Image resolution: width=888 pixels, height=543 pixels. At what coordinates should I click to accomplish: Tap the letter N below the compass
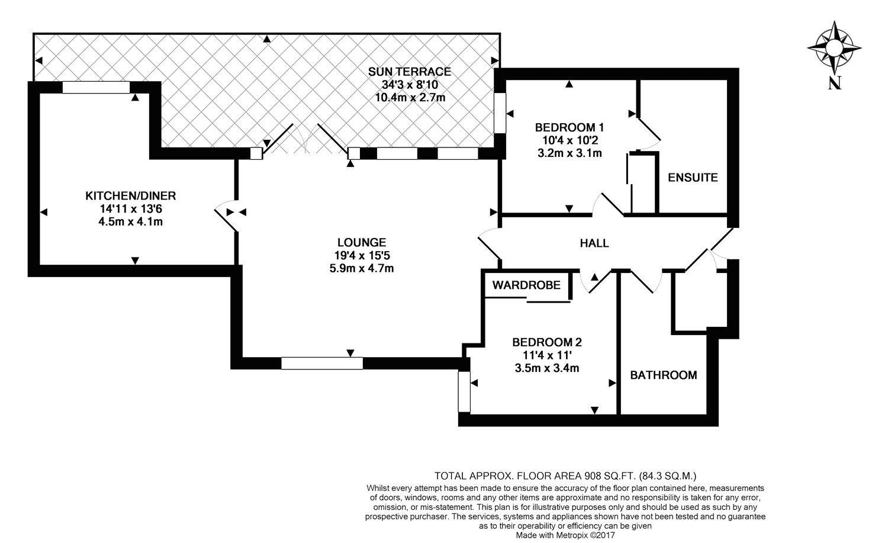pyautogui.click(x=835, y=84)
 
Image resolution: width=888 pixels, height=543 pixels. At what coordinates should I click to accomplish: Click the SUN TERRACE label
pyautogui.click(x=410, y=72)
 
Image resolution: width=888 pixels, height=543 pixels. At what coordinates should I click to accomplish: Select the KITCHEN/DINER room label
pyautogui.click(x=131, y=195)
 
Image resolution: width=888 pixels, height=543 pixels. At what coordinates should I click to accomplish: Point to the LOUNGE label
pyautogui.click(x=361, y=242)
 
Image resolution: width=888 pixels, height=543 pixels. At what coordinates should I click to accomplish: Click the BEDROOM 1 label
pyautogui.click(x=569, y=127)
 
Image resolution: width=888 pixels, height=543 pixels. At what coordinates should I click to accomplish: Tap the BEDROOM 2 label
pyautogui.click(x=546, y=342)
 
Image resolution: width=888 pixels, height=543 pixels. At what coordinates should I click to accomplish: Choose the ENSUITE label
pyautogui.click(x=692, y=177)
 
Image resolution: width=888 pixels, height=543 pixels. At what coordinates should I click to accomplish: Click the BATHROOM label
pyautogui.click(x=663, y=375)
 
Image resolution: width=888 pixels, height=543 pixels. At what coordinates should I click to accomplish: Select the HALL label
pyautogui.click(x=594, y=243)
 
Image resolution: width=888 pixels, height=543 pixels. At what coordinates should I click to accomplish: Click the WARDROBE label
pyautogui.click(x=526, y=285)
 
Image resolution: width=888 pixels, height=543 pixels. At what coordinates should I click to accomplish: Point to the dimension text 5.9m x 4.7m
pyautogui.click(x=361, y=268)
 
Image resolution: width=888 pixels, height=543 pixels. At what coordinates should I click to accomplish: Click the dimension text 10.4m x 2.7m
pyautogui.click(x=410, y=98)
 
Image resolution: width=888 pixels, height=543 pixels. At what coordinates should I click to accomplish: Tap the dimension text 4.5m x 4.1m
pyautogui.click(x=131, y=222)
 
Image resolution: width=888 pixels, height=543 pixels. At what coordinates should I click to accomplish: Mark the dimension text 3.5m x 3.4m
pyautogui.click(x=546, y=368)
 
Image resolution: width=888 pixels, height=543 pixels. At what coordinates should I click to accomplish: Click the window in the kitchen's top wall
pyautogui.click(x=95, y=88)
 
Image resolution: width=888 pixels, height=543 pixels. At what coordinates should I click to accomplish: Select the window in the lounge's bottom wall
pyautogui.click(x=322, y=363)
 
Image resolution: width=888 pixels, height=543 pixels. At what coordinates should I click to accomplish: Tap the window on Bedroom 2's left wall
pyautogui.click(x=464, y=391)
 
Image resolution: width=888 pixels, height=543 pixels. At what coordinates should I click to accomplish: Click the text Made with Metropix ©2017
pyautogui.click(x=565, y=535)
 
